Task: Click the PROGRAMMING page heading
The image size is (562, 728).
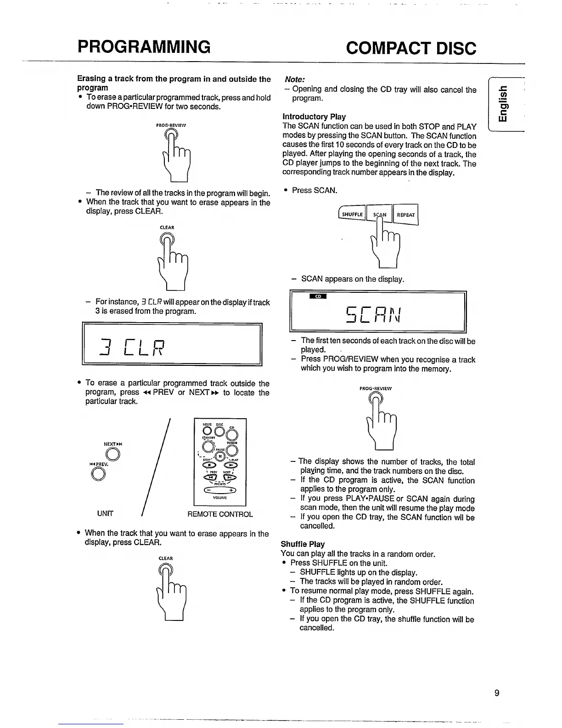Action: pyautogui.click(x=144, y=46)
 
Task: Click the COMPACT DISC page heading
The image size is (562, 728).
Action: pyautogui.click(x=411, y=48)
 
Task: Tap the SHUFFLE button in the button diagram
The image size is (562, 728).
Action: pyautogui.click(x=352, y=215)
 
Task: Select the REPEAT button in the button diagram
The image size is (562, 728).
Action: pyautogui.click(x=405, y=215)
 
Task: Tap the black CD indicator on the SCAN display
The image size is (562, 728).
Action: pyautogui.click(x=318, y=296)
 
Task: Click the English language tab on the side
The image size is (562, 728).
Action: pyautogui.click(x=503, y=105)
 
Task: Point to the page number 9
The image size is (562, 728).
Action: pyautogui.click(x=497, y=693)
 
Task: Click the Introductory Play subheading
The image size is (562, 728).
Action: pyautogui.click(x=314, y=117)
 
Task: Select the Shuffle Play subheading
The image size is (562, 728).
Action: pyautogui.click(x=303, y=544)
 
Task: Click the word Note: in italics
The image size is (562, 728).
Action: pyautogui.click(x=296, y=79)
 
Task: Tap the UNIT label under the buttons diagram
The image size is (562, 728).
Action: pyautogui.click(x=105, y=513)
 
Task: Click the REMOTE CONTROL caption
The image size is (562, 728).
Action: pyautogui.click(x=220, y=514)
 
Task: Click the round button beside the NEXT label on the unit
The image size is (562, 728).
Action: pyautogui.click(x=112, y=455)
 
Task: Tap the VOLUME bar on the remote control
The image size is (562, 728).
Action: pyautogui.click(x=220, y=490)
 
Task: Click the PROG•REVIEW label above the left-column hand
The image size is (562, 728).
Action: pyautogui.click(x=171, y=125)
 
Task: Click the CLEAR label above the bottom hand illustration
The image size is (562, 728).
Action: pyautogui.click(x=166, y=558)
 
